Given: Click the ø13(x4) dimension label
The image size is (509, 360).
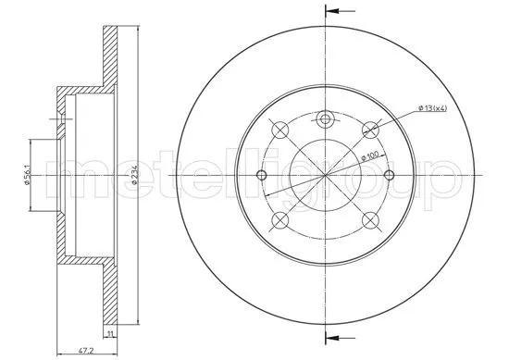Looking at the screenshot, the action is click(433, 108).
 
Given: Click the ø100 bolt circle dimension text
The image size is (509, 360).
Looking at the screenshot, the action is click(369, 156).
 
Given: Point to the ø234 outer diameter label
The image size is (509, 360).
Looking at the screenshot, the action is click(135, 175).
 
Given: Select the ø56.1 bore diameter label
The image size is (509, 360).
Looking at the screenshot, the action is click(27, 175).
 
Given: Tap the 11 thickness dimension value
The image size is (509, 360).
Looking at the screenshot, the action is click(110, 333).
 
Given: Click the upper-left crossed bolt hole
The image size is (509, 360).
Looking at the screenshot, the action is click(279, 130).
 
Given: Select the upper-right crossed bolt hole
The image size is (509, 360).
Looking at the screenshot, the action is click(370, 130).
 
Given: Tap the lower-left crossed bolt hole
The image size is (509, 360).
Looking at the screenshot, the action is click(279, 221).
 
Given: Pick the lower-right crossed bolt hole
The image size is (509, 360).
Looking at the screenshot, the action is click(370, 221).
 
